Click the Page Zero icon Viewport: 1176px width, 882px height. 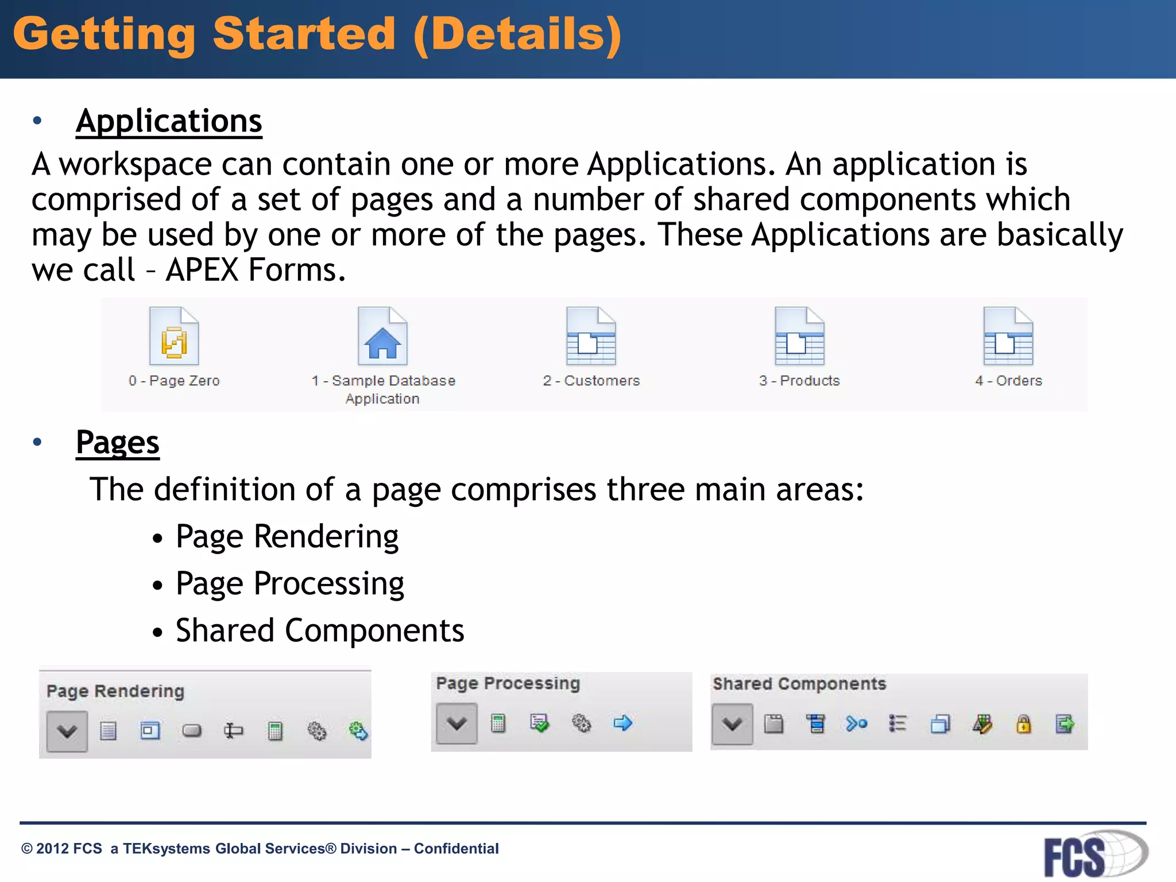coord(174,337)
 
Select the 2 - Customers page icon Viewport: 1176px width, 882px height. coord(591,337)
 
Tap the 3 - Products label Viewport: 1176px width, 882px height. coord(799,381)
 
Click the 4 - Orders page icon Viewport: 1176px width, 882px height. coord(1008,337)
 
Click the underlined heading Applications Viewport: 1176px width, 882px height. coord(169,121)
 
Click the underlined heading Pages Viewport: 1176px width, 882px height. coord(118,443)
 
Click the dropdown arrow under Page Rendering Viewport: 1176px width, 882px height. coord(67,731)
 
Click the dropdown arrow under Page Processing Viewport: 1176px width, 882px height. coord(457,724)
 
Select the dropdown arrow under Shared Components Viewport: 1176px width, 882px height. coord(732,724)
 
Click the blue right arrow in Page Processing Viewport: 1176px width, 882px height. coord(623,723)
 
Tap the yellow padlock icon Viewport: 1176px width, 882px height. coord(1023,724)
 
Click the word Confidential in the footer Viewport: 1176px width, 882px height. coord(456,849)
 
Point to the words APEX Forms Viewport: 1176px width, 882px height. coord(256,270)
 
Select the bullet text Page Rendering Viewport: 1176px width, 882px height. coord(287,537)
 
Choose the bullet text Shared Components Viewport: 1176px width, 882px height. coord(320,631)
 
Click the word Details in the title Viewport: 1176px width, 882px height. coord(517,34)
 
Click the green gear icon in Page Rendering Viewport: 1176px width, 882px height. coord(358,731)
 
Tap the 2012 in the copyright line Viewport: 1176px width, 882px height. coord(53,849)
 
